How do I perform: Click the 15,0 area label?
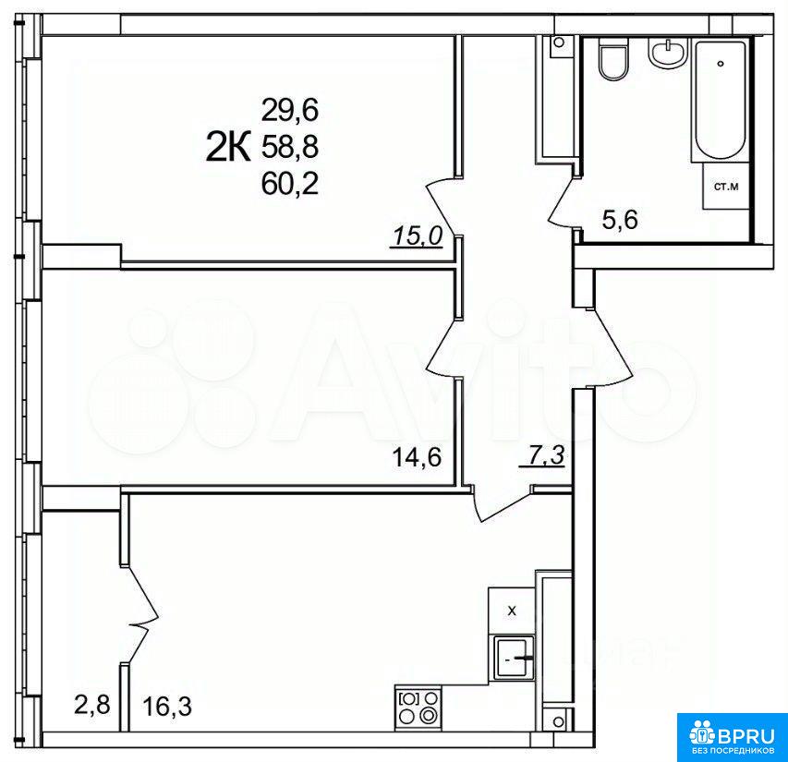click(x=417, y=236)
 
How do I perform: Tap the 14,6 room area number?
click(x=417, y=457)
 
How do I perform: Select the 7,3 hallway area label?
click(x=544, y=456)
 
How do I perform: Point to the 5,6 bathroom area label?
click(x=620, y=220)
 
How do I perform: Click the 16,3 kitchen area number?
click(x=167, y=707)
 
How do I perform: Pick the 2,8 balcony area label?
click(x=92, y=704)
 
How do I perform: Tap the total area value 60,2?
click(x=290, y=185)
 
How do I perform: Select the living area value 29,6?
click(x=290, y=110)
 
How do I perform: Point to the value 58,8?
click(x=290, y=147)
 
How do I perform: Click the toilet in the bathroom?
click(x=613, y=59)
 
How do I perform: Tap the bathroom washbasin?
click(x=667, y=53)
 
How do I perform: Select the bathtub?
click(x=721, y=101)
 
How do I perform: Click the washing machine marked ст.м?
click(x=726, y=187)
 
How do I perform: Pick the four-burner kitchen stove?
click(x=418, y=707)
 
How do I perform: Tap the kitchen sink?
click(x=514, y=657)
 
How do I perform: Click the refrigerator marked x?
click(x=512, y=611)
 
